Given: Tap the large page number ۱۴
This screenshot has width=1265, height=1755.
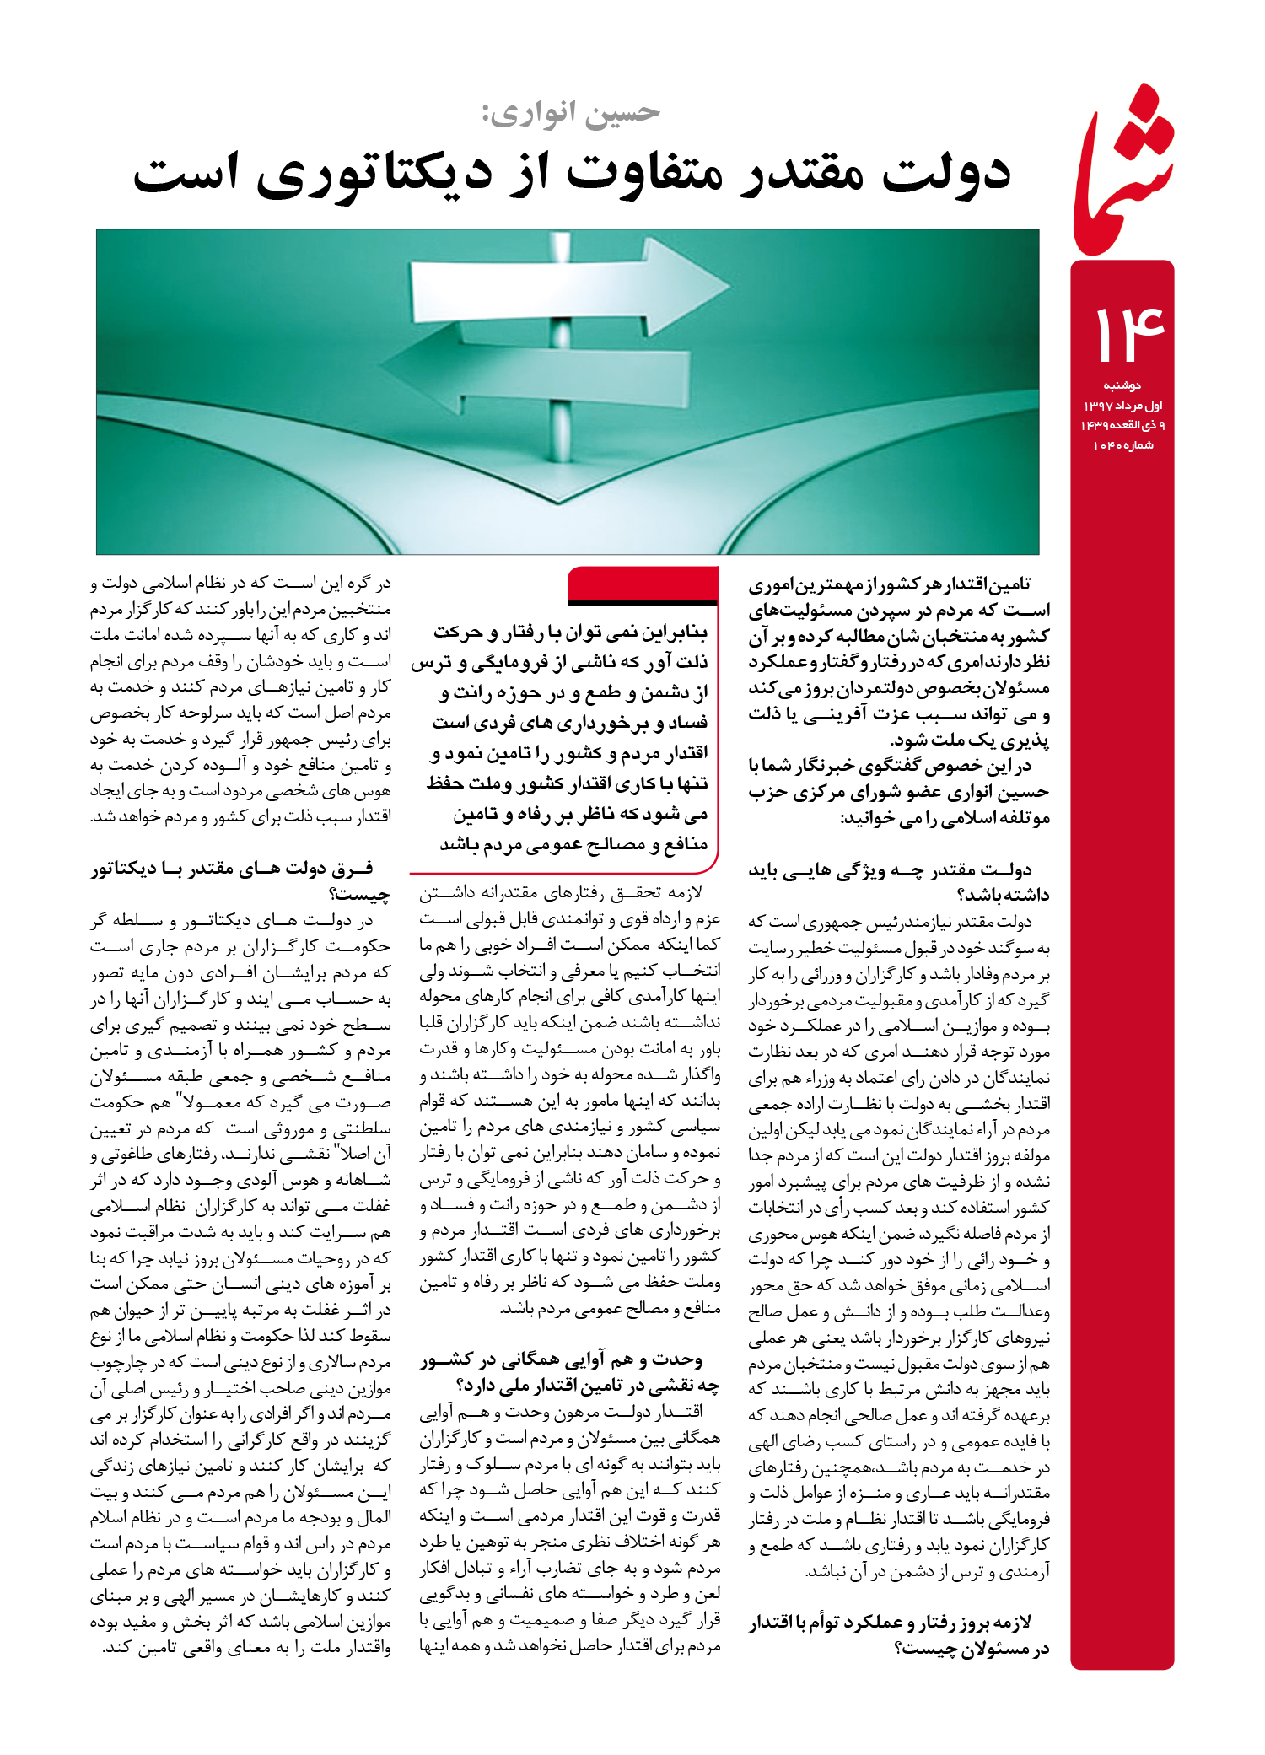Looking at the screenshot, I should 1128,334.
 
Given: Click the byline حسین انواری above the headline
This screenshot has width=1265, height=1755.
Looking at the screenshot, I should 572,112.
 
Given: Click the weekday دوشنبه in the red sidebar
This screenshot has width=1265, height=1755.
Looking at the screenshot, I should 1122,385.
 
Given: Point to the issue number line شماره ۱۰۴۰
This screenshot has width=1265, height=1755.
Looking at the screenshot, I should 1122,445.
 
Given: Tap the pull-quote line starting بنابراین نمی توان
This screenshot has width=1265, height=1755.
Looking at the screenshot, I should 570,632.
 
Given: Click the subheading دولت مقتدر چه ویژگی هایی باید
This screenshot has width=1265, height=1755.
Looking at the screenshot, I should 890,870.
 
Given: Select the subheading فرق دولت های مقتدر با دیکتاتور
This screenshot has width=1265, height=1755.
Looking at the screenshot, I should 233,869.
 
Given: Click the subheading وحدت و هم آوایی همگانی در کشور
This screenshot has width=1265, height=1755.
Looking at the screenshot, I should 562,1359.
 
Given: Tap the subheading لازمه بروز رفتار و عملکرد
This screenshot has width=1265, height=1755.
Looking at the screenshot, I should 890,1622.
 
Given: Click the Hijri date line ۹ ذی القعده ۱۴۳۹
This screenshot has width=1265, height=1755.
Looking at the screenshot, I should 1122,425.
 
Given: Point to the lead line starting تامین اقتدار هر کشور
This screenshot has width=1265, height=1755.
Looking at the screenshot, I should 889,584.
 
